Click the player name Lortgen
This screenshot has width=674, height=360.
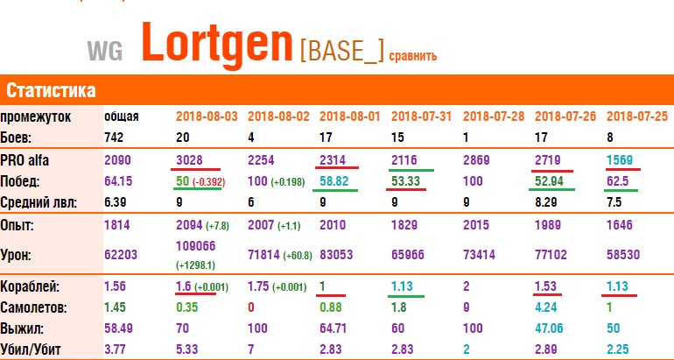(x=217, y=44)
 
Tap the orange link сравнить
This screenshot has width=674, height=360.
(x=412, y=55)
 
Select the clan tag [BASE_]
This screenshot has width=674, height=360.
(x=341, y=53)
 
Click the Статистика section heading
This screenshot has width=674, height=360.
(x=51, y=91)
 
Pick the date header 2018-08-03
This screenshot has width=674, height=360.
(x=207, y=116)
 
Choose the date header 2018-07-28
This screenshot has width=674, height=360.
(x=494, y=116)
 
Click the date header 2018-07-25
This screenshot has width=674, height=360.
(x=637, y=116)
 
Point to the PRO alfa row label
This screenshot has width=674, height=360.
(x=25, y=160)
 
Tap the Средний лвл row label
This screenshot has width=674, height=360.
(x=39, y=202)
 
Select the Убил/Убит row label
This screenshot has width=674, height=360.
(x=31, y=349)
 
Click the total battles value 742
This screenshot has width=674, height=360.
(x=114, y=138)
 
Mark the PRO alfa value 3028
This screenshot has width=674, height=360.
(x=189, y=160)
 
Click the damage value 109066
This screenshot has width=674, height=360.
(x=195, y=246)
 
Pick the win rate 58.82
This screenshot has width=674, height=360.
(x=333, y=181)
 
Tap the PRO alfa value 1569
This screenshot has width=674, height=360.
(x=620, y=160)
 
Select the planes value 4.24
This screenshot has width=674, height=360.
(x=545, y=308)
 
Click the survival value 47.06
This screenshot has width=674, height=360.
(x=549, y=328)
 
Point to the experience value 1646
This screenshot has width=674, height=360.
(x=620, y=225)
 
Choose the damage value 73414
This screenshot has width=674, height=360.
(x=479, y=255)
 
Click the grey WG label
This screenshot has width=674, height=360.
(x=105, y=51)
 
